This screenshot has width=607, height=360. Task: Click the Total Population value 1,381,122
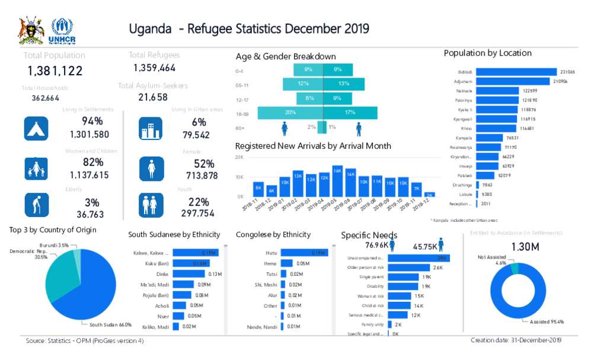(x=55, y=71)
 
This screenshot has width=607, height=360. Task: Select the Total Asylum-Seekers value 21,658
(x=153, y=97)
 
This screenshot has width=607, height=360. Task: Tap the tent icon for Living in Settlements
(x=36, y=129)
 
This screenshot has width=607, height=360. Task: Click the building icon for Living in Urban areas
(x=151, y=129)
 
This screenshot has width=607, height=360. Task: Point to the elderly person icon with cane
(x=36, y=205)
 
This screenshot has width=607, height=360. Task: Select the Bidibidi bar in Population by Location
(x=516, y=72)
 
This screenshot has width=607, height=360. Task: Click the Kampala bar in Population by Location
(x=490, y=138)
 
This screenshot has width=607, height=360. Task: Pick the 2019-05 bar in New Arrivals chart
(x=337, y=180)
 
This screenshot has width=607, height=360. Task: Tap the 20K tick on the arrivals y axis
(x=239, y=157)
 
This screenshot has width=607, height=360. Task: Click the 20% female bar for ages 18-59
(x=290, y=113)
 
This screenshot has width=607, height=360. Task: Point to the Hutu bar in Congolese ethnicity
(x=304, y=253)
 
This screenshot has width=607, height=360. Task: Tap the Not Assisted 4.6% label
(x=492, y=260)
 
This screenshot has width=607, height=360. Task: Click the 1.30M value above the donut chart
(x=525, y=246)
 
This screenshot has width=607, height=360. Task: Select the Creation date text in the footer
(x=516, y=340)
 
